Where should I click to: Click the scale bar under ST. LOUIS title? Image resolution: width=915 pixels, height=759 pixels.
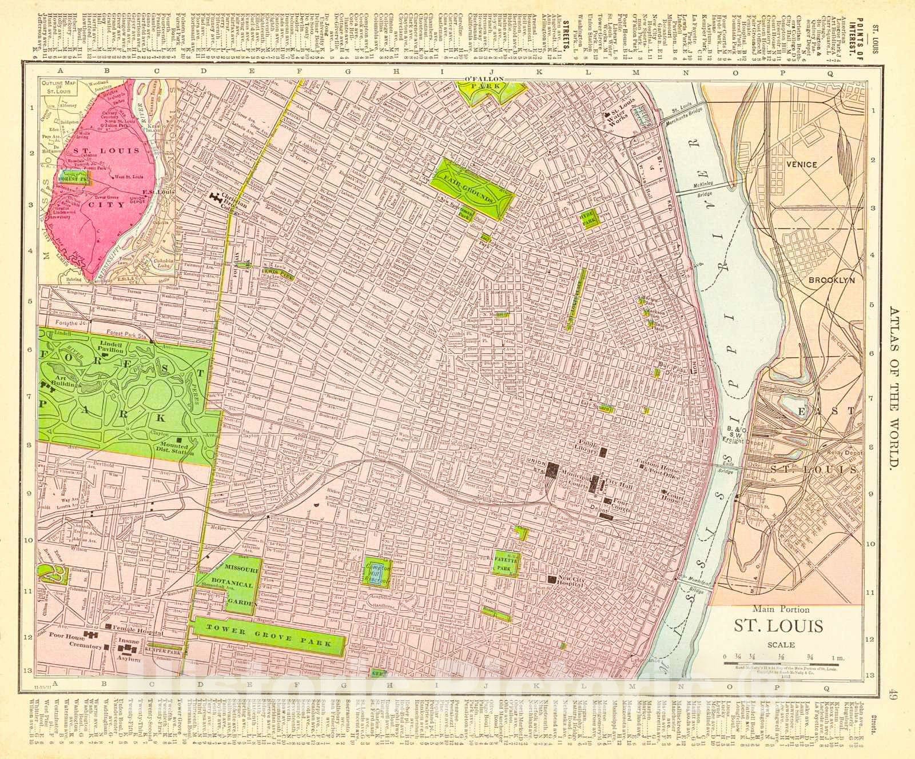pos(781,665)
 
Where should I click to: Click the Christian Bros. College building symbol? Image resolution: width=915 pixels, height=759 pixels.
pos(217,198)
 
